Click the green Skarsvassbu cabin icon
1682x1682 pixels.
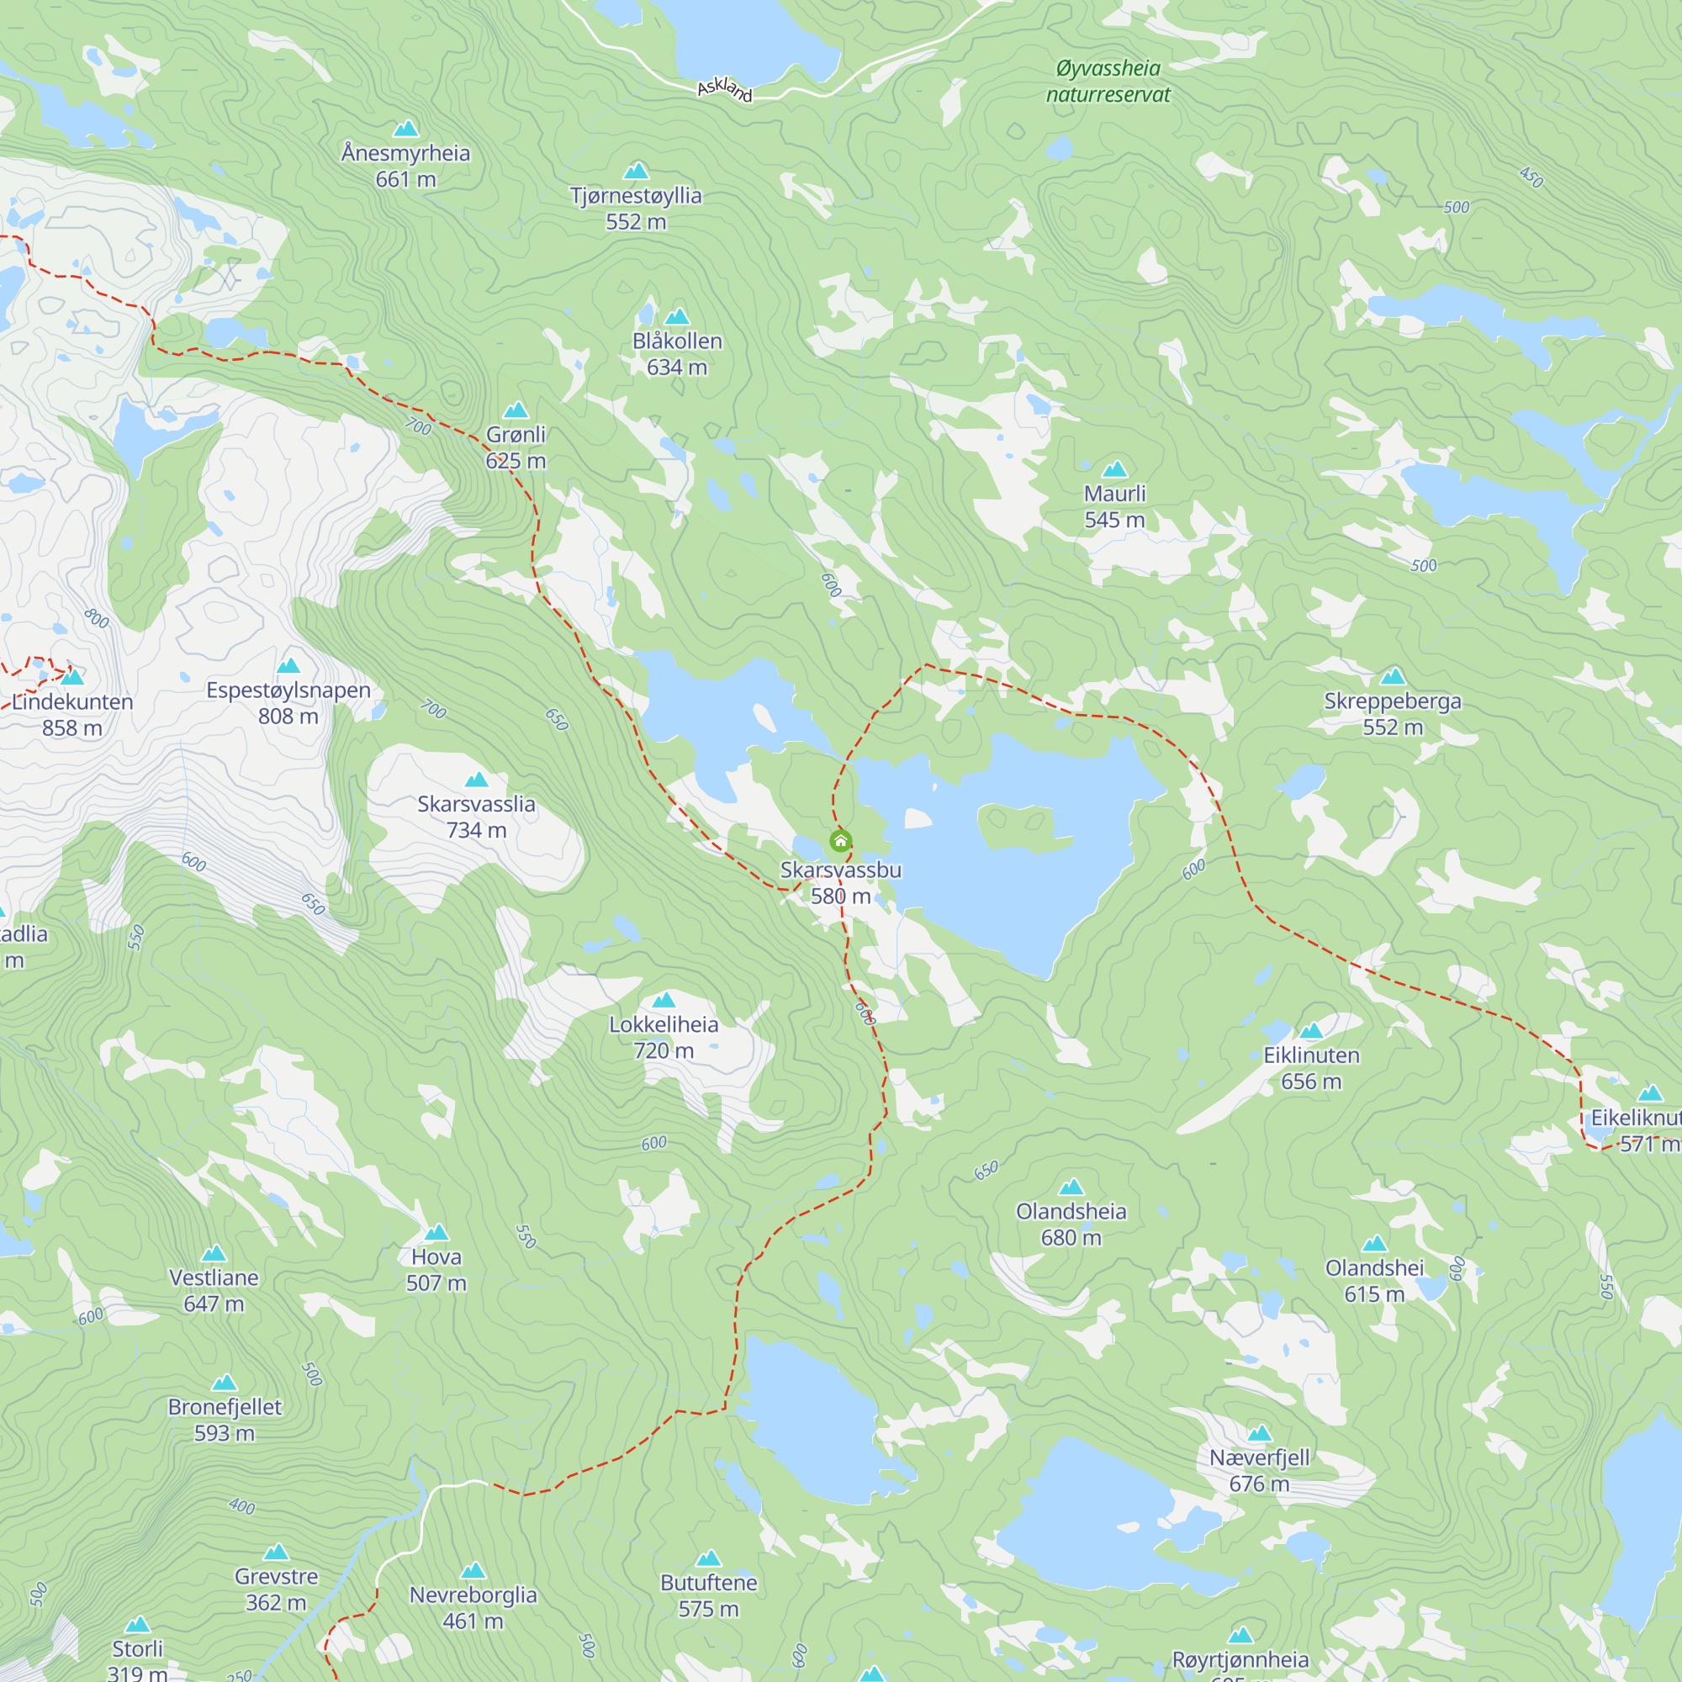click(840, 841)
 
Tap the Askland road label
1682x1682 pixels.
click(724, 89)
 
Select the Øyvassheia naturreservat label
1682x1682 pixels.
click(1108, 81)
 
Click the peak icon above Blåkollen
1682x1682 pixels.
click(676, 317)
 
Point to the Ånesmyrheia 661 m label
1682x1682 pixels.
click(405, 166)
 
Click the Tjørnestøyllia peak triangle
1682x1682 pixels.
click(637, 171)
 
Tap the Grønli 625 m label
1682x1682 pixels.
click(516, 447)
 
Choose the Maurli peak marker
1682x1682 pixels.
click(1114, 470)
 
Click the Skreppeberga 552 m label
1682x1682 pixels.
click(1392, 714)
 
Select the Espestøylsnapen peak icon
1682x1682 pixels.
click(288, 666)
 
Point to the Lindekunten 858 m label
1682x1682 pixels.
click(72, 715)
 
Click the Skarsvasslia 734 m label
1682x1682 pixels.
click(476, 817)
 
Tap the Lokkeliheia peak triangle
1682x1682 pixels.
click(664, 1000)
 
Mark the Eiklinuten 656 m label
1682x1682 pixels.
click(1311, 1068)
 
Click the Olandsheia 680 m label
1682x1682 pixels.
click(1071, 1224)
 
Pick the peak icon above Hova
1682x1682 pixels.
click(436, 1233)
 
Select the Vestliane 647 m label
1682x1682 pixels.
click(214, 1290)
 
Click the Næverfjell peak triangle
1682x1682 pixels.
click(1259, 1434)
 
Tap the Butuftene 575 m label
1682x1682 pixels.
click(709, 1596)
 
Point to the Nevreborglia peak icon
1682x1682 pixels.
click(473, 1570)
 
